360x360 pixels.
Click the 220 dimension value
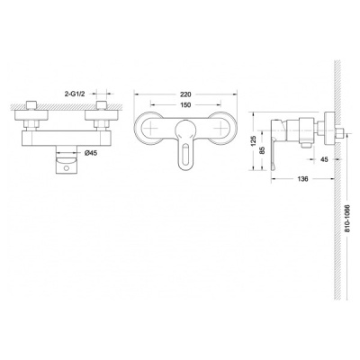coord(185,94)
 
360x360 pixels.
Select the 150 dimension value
coord(185,104)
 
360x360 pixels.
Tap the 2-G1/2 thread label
coord(75,94)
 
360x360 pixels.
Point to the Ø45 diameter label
coord(90,153)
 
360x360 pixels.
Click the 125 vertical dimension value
coord(254,140)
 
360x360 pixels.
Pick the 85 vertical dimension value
coord(264,150)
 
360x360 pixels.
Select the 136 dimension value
coord(303,179)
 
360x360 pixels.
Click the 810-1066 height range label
coord(347,219)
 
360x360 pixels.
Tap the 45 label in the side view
coord(324,159)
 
